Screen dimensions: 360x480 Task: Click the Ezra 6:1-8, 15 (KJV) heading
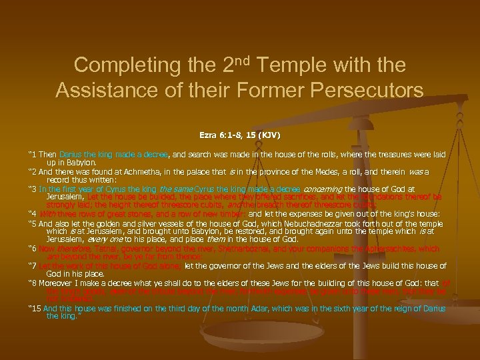[239, 135]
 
